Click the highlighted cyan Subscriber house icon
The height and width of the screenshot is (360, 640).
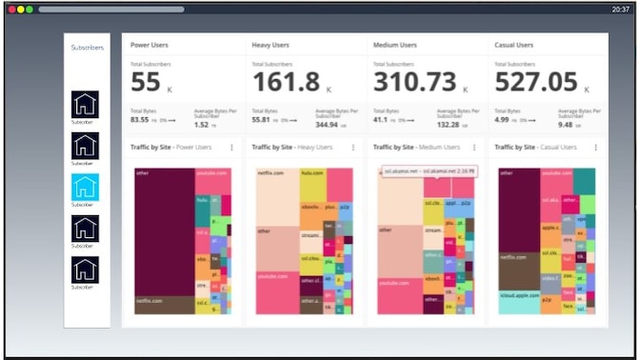click(x=85, y=187)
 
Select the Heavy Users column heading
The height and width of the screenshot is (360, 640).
click(x=270, y=45)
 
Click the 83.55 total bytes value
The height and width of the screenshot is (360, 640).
click(x=139, y=120)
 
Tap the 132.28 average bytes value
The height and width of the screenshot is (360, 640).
click(x=448, y=125)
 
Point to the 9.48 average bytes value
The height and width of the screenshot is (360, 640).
click(x=565, y=125)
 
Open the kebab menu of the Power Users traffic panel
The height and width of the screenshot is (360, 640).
click(x=231, y=148)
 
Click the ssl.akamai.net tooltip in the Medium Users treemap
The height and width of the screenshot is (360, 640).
click(x=429, y=171)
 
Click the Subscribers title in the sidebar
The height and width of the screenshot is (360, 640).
click(x=87, y=47)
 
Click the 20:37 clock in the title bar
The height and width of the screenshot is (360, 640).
click(x=619, y=9)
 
